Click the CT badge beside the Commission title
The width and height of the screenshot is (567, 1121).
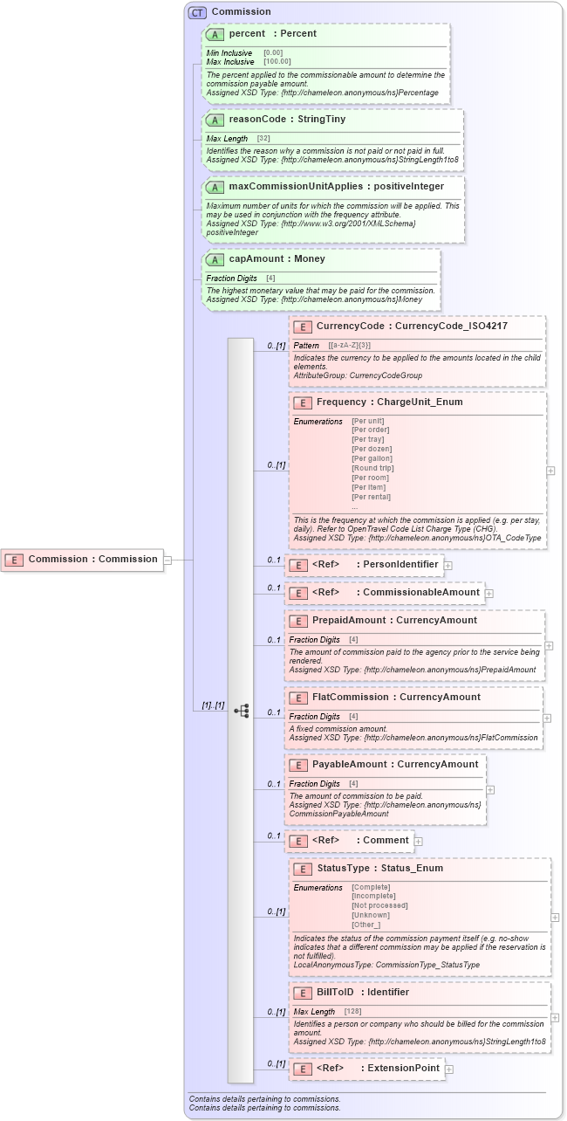pos(198,12)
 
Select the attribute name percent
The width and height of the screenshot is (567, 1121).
pos(246,34)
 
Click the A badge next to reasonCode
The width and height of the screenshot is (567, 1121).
pos(215,120)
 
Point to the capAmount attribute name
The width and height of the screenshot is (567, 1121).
pos(256,259)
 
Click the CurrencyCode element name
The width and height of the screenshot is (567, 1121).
pos(350,327)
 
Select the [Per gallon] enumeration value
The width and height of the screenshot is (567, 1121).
pos(372,458)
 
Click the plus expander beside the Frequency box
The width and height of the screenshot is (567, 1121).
pos(550,471)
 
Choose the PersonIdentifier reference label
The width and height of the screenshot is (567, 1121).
pos(400,565)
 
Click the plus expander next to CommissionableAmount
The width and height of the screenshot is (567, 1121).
pos(489,593)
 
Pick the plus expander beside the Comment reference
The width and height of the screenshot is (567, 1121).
pos(419,842)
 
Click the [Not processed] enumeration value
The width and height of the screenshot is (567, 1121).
pos(379,905)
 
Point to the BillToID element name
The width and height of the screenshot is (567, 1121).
pos(338,993)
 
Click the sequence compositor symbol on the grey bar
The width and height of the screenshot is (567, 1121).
pos(241,712)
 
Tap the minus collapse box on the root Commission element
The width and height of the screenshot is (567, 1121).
pos(168,560)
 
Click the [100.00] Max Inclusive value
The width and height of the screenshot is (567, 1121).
pos(277,62)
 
